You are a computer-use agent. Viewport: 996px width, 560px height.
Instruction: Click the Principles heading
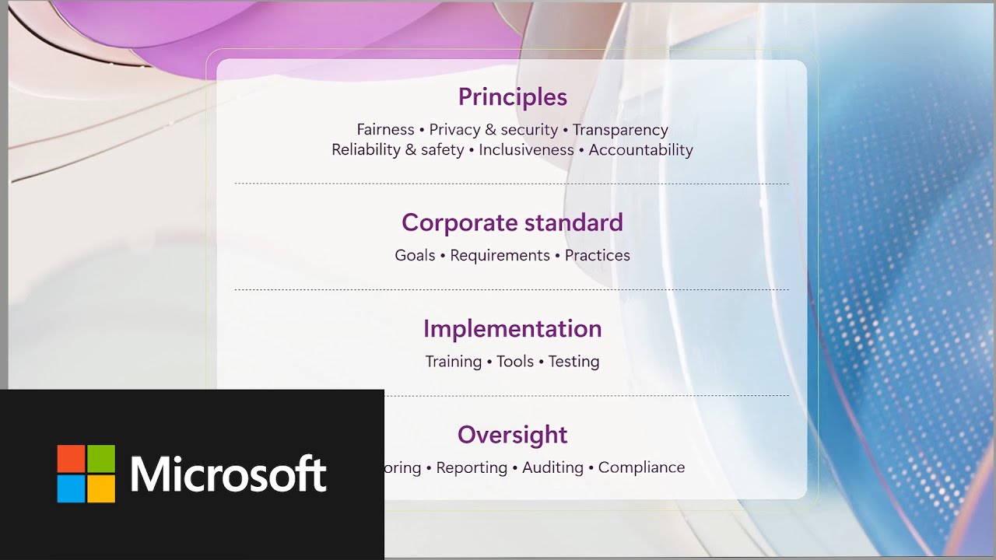(512, 97)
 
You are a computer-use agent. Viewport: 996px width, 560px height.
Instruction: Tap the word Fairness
(385, 130)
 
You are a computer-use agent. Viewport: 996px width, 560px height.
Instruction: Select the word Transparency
(620, 130)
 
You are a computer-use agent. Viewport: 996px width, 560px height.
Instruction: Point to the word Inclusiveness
(526, 150)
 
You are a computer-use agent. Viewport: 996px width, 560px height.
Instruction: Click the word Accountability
(640, 150)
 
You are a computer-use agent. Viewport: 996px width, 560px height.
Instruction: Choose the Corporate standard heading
(512, 223)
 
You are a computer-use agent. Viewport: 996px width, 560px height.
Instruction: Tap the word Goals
(415, 256)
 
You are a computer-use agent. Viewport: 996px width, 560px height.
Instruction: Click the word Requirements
(500, 256)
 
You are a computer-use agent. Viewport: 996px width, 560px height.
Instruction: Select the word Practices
(598, 256)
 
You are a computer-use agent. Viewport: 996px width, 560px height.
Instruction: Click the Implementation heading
(512, 329)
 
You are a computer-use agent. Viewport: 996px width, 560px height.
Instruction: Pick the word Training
(453, 362)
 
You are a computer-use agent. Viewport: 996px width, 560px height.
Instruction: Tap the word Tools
(515, 362)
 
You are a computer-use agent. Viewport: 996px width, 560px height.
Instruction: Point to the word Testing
(573, 362)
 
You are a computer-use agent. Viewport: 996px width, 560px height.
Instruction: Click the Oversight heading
(512, 435)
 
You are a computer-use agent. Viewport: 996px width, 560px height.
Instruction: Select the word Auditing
(552, 467)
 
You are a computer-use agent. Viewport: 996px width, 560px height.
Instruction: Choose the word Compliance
(641, 467)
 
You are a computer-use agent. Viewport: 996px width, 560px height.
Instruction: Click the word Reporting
(472, 467)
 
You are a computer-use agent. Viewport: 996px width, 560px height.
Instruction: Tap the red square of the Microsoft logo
(71, 459)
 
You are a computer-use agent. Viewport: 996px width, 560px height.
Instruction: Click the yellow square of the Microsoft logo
(101, 489)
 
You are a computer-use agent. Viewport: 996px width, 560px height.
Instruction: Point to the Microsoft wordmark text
(228, 474)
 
